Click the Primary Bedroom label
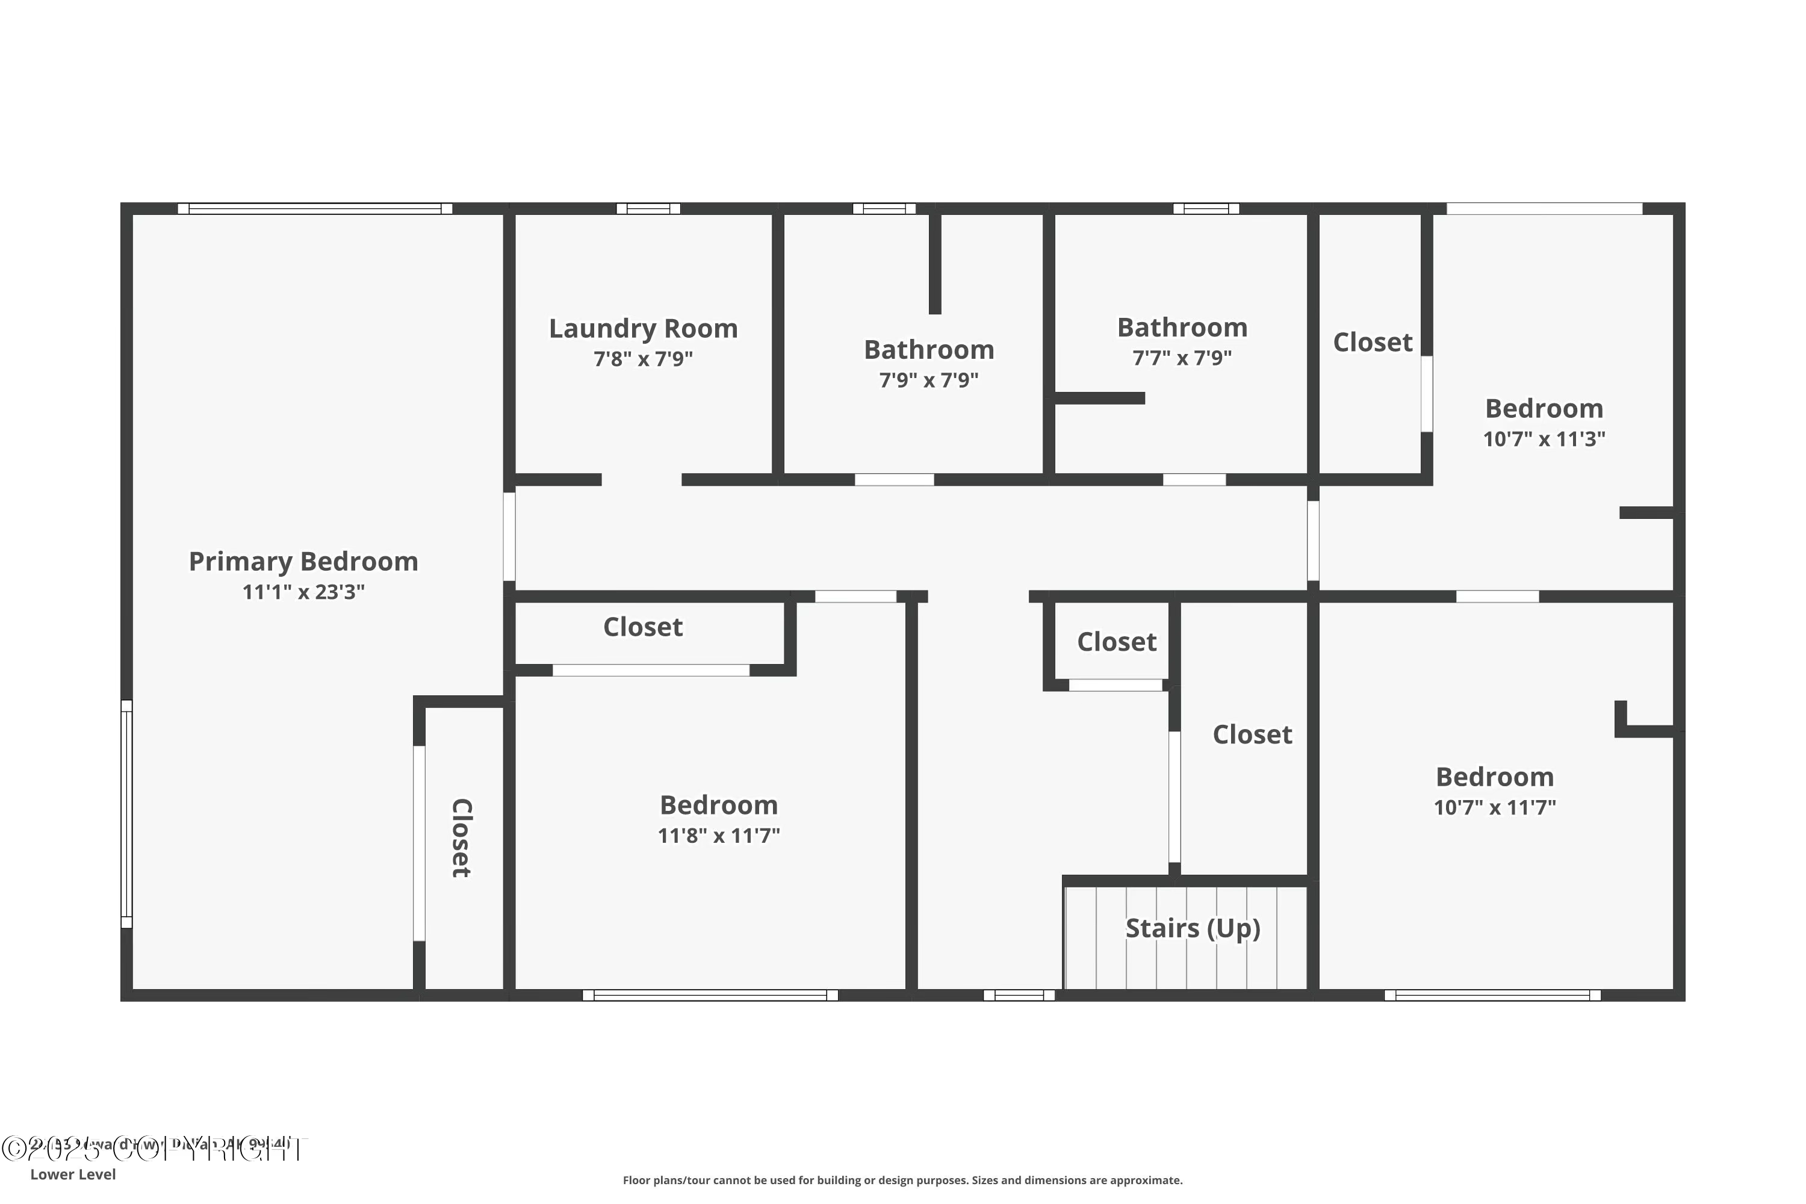pos(303,562)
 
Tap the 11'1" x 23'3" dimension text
pos(303,592)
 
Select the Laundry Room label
pos(643,329)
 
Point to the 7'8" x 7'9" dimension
pos(643,359)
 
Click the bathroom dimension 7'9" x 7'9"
pos(928,380)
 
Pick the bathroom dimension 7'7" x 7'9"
pos(1182,358)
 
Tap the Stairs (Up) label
pos(1193,928)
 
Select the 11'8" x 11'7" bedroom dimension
pos(719,836)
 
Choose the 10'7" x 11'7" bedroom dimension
pos(1494,808)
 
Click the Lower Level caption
pos(73,1174)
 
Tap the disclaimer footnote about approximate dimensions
pos(902,1180)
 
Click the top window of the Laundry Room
pos(648,208)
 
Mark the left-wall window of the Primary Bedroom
pos(126,814)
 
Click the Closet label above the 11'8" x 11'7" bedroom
pos(643,627)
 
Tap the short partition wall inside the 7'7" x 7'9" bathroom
pos(1100,398)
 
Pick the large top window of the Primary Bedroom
pos(315,208)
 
